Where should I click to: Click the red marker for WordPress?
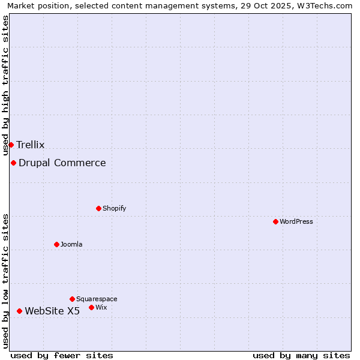275,221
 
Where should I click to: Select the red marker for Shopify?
98,208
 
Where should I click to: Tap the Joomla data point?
56,244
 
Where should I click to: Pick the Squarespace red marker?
72,299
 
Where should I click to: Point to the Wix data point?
91,307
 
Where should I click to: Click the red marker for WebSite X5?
19,311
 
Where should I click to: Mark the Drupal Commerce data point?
13,163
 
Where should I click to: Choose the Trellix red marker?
11,145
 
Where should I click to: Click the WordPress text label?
296,221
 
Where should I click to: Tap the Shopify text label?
114,208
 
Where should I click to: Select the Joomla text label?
71,244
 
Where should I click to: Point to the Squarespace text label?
97,299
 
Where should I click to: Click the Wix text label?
101,307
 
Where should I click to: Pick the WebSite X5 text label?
52,311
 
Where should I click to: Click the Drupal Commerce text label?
62,163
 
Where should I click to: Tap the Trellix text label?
31,145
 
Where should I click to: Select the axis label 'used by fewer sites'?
62,355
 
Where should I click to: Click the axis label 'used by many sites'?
301,355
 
